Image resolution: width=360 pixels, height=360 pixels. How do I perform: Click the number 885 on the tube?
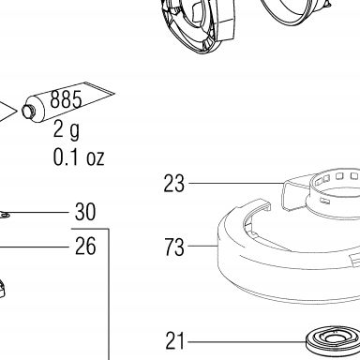pos(66,99)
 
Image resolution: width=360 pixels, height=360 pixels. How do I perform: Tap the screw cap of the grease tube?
pos(26,111)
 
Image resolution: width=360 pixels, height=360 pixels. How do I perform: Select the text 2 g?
pos(67,129)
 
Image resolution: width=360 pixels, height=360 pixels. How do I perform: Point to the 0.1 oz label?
pos(79,157)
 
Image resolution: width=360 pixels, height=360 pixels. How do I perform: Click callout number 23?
pos(174,184)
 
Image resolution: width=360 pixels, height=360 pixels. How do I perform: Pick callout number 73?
pos(174,247)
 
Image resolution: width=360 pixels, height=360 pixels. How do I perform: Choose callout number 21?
pos(175,341)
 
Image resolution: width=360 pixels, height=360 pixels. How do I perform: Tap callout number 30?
pos(85,212)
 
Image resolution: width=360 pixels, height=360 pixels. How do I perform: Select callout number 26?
pos(85,247)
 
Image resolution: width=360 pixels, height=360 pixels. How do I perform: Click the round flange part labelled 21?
pos(332,340)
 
